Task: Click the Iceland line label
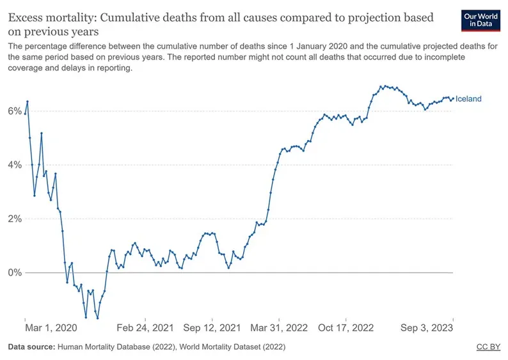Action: [x=468, y=99]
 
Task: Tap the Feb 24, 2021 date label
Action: [x=147, y=327]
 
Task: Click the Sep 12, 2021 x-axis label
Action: [x=213, y=327]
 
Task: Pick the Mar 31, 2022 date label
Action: [x=280, y=327]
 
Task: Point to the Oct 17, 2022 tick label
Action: [x=345, y=327]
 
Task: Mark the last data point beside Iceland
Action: [x=453, y=98]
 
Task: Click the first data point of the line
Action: [x=25, y=114]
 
